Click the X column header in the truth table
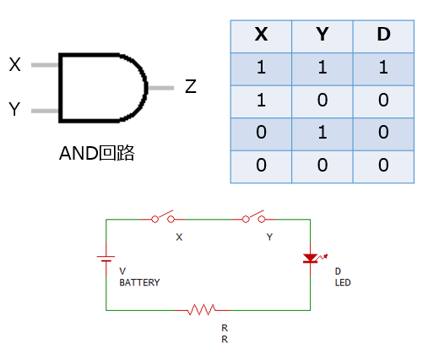pos(261,35)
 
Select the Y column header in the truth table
pos(322,35)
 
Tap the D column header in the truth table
pos(383,35)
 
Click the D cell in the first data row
pos(383,68)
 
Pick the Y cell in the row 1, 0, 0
pos(322,100)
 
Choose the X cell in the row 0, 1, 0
pos(261,132)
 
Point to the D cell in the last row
pos(383,165)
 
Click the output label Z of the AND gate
pos(191,86)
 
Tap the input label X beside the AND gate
pos(14,64)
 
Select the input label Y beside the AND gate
pos(14,109)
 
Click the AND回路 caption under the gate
pos(97,153)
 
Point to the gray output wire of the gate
pos(161,88)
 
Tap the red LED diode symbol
pos(312,259)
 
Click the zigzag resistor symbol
pos(203,310)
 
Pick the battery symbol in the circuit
pos(106,259)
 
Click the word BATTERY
pos(139,282)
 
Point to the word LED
pos(343,282)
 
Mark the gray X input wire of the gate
pos(45,65)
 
